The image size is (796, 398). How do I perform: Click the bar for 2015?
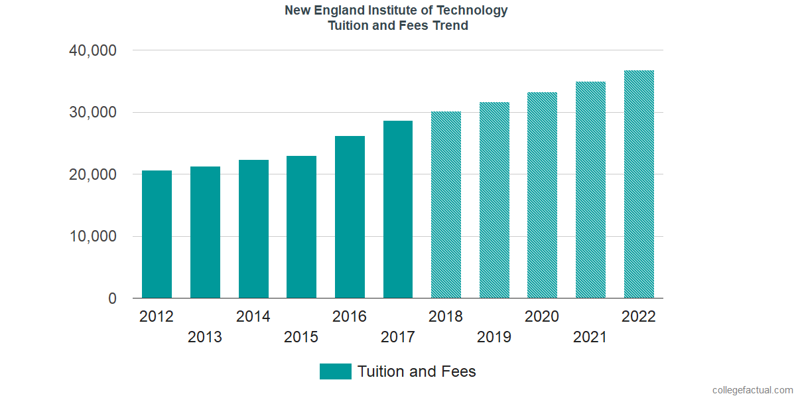301,227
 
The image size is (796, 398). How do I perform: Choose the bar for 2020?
542,195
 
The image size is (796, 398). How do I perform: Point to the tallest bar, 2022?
639,184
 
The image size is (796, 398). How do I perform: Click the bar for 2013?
205,232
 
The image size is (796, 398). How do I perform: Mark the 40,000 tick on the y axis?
93,50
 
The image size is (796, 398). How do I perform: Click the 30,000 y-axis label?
93,113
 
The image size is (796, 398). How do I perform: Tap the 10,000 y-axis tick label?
93,237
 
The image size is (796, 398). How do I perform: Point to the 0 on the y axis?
113,299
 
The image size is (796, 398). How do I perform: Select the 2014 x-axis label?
253,316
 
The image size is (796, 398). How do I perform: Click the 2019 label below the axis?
494,338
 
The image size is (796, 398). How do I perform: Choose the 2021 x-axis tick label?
590,338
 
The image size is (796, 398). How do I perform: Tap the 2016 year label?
350,316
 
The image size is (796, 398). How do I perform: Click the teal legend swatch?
335,371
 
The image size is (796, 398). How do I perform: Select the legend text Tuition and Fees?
417,371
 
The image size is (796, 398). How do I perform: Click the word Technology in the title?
475,11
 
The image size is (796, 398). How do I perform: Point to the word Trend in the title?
450,26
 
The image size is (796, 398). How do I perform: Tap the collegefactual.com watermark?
752,390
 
